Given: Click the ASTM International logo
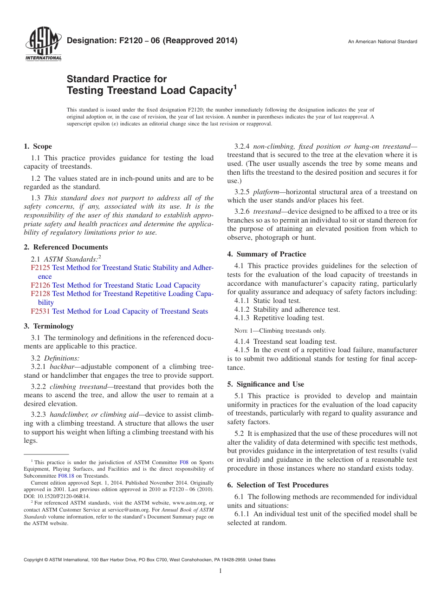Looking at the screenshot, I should (x=43, y=45).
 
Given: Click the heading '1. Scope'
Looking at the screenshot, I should (x=38, y=146).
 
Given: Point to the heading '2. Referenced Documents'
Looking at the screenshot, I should (x=66, y=247).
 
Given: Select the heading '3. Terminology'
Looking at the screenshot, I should (x=49, y=326).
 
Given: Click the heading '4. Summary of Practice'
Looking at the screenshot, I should (x=266, y=254).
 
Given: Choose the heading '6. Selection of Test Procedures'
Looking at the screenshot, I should (x=278, y=485).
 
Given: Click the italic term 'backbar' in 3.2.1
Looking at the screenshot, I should (x=60, y=367).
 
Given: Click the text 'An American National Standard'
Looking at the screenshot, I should (x=383, y=42).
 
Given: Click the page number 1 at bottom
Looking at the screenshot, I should (x=220, y=571).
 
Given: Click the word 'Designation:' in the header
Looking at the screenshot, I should (x=88, y=41).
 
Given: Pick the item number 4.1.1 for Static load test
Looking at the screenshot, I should (x=243, y=301).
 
